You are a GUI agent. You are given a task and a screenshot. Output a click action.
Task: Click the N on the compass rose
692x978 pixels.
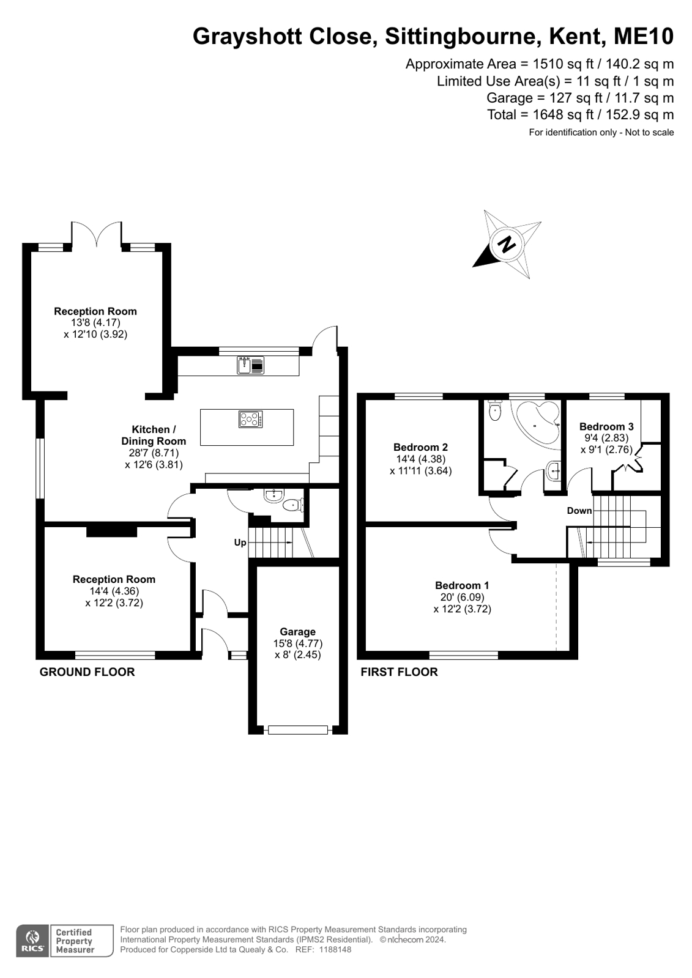coord(507,244)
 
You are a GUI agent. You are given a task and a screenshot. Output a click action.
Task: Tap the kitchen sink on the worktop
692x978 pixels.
coord(251,365)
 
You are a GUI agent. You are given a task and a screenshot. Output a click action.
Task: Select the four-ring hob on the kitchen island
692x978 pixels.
coord(251,420)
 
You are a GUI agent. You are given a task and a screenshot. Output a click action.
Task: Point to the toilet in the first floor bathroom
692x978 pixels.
coord(494,410)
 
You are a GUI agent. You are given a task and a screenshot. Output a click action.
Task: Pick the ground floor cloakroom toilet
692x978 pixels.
coord(293,505)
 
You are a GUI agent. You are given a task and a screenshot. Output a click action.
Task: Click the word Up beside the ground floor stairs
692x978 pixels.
coord(240,543)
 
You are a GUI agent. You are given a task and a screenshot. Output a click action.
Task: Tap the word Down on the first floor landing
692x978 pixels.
coord(579,510)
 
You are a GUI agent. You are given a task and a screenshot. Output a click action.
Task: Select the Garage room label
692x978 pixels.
coord(297,632)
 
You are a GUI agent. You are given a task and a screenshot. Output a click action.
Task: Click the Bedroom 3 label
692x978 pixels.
coord(606,426)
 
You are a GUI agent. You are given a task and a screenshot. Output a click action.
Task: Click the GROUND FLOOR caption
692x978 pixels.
coord(87,672)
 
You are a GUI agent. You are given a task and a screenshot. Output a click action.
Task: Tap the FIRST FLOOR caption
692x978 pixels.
coord(400,672)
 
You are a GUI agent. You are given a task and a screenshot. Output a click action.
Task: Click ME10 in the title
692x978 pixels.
coord(643,36)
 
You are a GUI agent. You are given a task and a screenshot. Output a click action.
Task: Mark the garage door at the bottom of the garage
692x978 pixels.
coord(298,730)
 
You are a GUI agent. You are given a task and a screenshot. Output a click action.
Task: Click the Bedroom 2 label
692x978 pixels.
coord(421,447)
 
